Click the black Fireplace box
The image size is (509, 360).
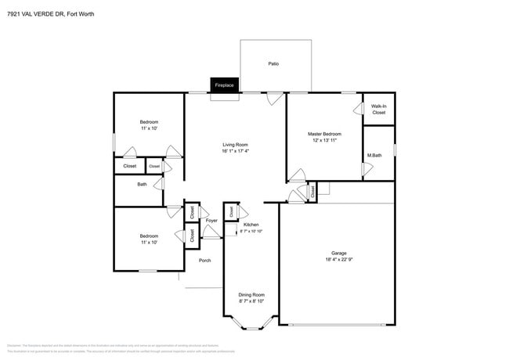pyautogui.click(x=225, y=85)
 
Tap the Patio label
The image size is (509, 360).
pyautogui.click(x=273, y=64)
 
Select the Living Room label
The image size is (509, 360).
pyautogui.click(x=235, y=144)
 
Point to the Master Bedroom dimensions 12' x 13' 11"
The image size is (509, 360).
pyautogui.click(x=324, y=141)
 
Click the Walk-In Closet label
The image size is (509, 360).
pyautogui.click(x=378, y=109)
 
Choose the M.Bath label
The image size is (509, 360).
pyautogui.click(x=374, y=155)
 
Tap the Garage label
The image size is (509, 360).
pyautogui.click(x=338, y=253)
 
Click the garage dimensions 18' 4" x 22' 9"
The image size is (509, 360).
pyautogui.click(x=338, y=260)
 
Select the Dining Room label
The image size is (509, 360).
pyautogui.click(x=251, y=294)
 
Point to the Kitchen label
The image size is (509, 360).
pyautogui.click(x=251, y=225)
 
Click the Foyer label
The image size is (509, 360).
pyautogui.click(x=211, y=221)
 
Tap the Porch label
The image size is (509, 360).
pyautogui.click(x=204, y=260)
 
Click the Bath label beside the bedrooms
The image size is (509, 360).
pyautogui.click(x=142, y=185)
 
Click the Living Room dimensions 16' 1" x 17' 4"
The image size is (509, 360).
pyautogui.click(x=235, y=151)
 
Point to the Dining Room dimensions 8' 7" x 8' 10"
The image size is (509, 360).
pyautogui.click(x=251, y=301)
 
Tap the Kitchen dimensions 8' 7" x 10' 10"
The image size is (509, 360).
pyautogui.click(x=251, y=232)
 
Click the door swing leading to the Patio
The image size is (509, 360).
pyautogui.click(x=273, y=99)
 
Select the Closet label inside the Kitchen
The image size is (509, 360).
pyautogui.click(x=232, y=211)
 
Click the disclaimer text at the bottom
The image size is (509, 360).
pyautogui.click(x=117, y=347)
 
